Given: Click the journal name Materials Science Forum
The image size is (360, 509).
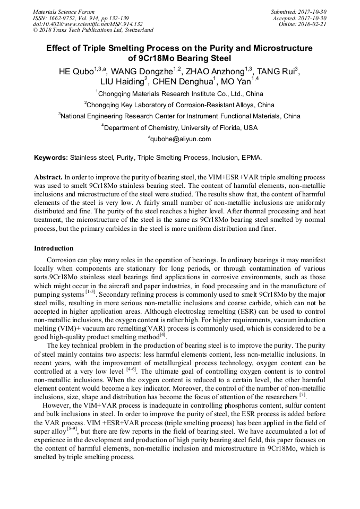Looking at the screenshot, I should (x=64, y=11).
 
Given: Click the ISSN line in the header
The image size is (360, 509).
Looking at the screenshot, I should (x=80, y=18).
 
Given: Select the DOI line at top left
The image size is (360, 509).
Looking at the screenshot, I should (x=88, y=24).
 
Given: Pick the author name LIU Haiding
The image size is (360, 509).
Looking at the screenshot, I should (x=122, y=82).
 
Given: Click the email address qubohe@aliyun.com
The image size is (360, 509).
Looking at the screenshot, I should (x=179, y=139).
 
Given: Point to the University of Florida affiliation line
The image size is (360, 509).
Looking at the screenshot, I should (x=179, y=128).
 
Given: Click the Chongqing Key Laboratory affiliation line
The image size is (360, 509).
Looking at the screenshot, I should (x=179, y=105).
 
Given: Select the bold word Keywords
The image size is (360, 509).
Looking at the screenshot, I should (x=50, y=158).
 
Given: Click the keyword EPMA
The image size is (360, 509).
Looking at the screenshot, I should (x=252, y=158).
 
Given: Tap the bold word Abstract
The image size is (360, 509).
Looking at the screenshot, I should (x=48, y=176).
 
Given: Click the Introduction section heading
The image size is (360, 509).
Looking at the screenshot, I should (x=54, y=248).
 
